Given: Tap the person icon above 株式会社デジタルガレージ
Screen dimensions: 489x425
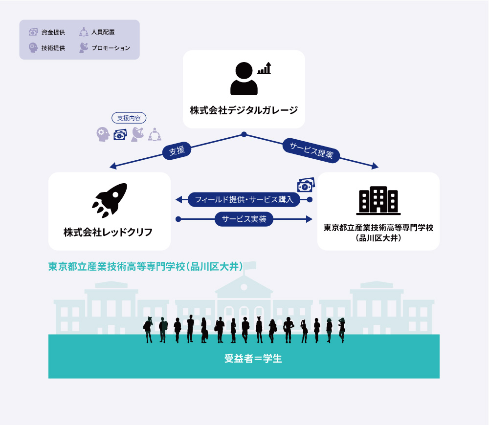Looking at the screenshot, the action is click(x=244, y=79).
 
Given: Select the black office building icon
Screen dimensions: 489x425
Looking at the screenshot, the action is click(x=378, y=200).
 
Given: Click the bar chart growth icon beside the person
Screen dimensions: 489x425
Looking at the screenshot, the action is click(x=264, y=68).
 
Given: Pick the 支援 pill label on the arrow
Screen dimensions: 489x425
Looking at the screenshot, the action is click(x=177, y=151).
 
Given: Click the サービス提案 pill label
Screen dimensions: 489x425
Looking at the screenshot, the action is click(x=311, y=150).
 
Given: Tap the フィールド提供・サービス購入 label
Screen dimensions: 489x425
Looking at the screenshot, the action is click(x=244, y=199).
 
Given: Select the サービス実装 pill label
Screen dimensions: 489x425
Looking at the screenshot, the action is click(x=244, y=219).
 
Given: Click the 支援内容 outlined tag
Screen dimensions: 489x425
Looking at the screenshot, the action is click(x=129, y=118).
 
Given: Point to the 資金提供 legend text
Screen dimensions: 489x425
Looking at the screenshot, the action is click(x=53, y=32).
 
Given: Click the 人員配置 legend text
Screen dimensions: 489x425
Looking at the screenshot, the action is click(x=103, y=32).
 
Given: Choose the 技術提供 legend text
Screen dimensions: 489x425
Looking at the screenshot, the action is click(x=53, y=48).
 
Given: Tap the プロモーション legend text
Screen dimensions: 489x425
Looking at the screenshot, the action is click(x=111, y=48).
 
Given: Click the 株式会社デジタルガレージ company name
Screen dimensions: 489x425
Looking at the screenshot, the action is click(x=244, y=110).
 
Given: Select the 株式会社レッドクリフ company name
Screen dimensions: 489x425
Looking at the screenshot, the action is click(x=108, y=232).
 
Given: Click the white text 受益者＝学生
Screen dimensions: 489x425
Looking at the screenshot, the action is click(x=253, y=359).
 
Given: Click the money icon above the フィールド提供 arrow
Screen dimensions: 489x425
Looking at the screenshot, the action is click(x=306, y=185).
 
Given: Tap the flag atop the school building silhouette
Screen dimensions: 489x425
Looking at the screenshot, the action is click(x=250, y=265).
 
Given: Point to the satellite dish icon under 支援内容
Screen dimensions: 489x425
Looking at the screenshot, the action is click(x=137, y=134).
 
